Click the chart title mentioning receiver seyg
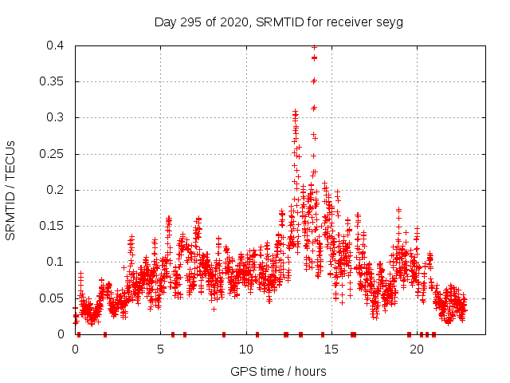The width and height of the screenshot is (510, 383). coord(279,22)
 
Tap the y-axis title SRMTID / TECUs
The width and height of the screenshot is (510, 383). coord(11,191)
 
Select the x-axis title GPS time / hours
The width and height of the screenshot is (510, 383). coord(278,371)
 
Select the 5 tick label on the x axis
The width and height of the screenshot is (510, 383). coord(160,349)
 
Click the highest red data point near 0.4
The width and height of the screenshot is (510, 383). coord(314,47)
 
